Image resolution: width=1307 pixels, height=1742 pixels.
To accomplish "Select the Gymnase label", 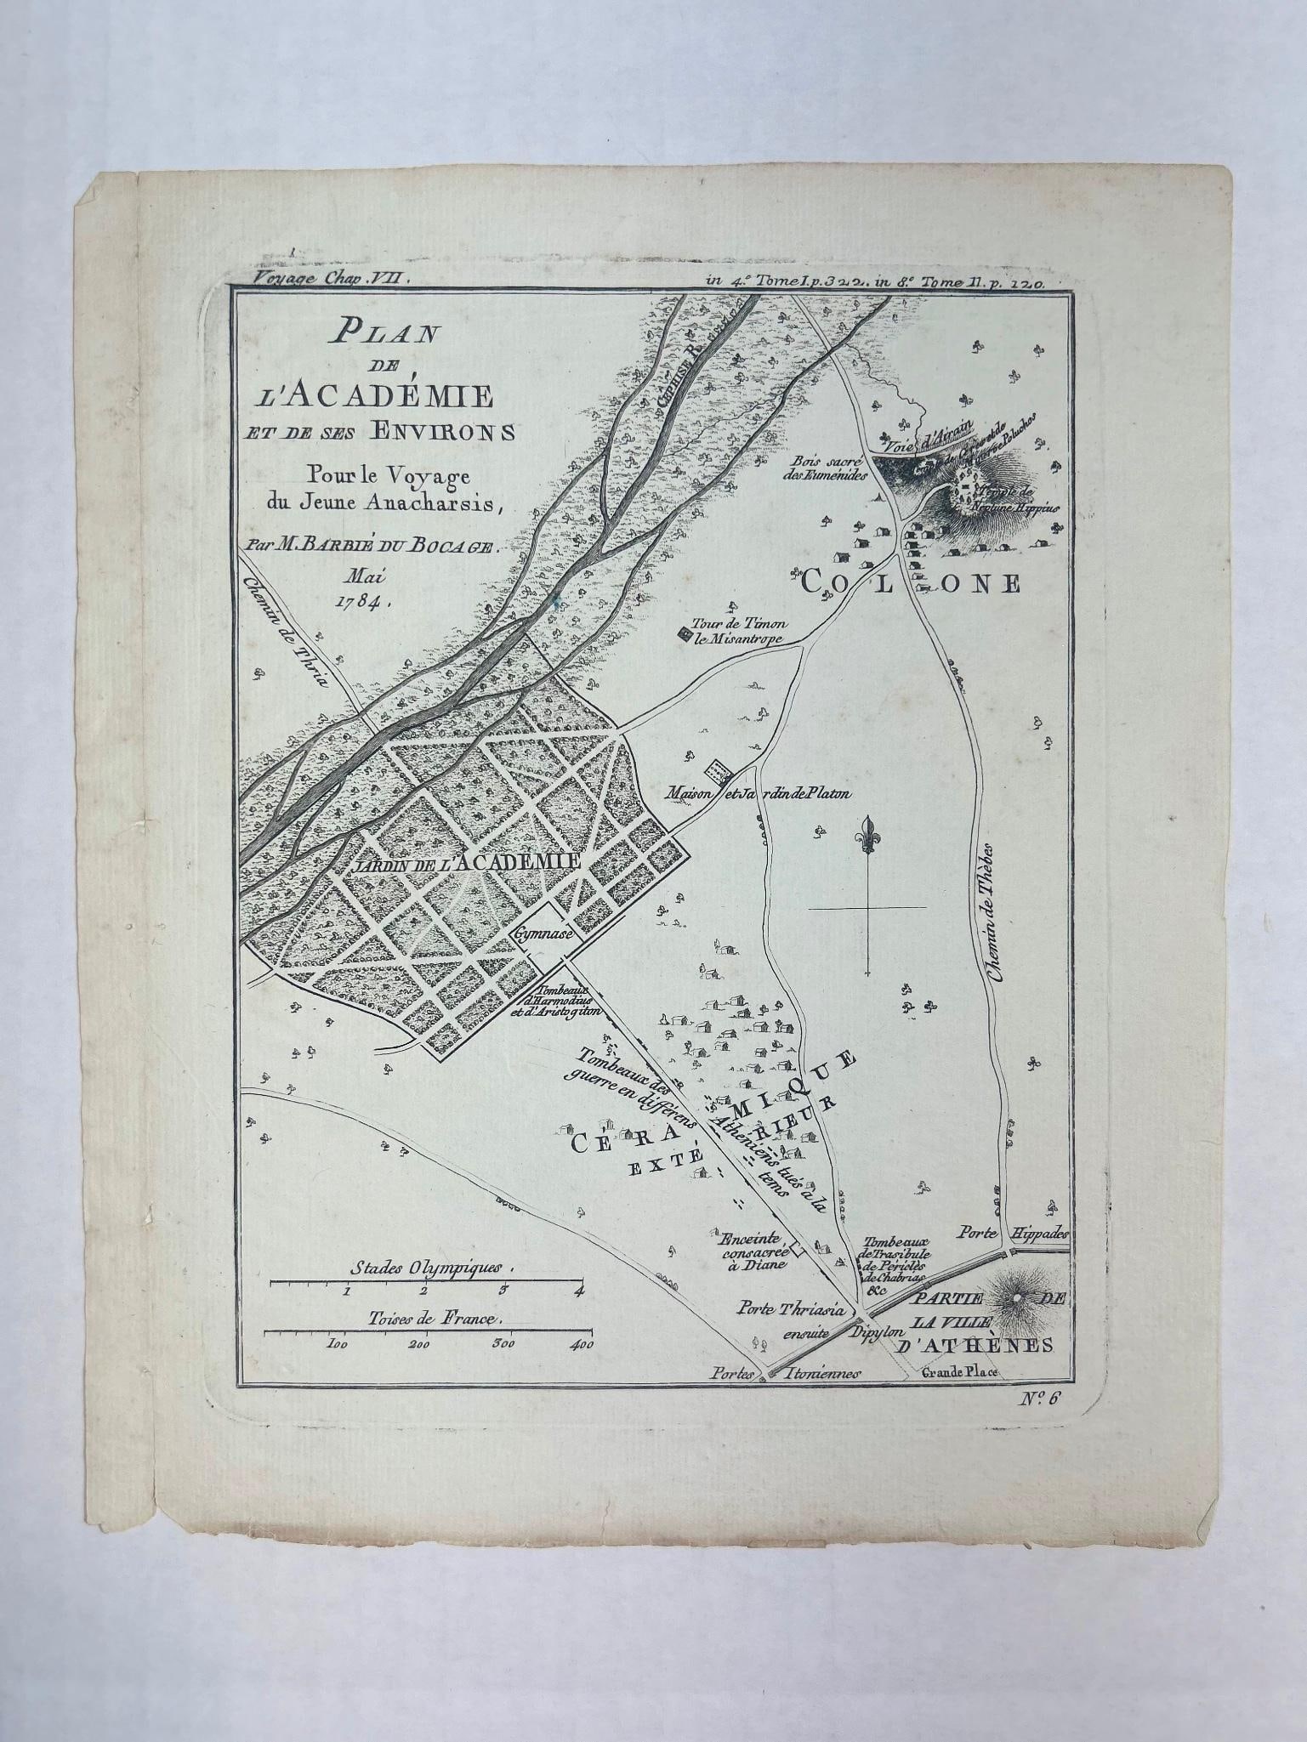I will point(545,932).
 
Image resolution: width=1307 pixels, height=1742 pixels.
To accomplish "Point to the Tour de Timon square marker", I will point(684,632).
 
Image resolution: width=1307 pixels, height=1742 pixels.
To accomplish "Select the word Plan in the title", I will point(386,332).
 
